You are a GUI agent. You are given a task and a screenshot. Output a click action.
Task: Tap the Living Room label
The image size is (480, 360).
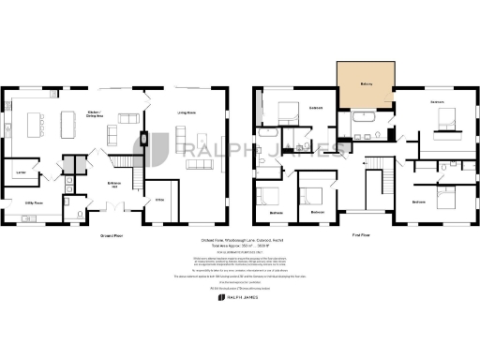coord(187,112)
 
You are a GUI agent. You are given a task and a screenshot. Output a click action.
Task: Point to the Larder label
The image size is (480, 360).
coord(19,172)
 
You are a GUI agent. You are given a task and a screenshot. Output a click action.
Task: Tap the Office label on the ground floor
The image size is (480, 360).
coord(158,198)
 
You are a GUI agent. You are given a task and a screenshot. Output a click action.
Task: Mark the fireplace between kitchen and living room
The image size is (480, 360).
coord(143,141)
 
